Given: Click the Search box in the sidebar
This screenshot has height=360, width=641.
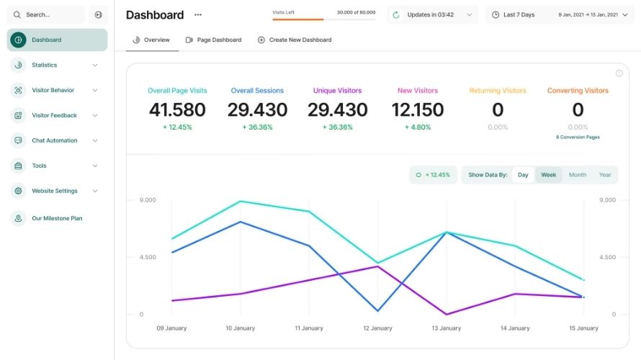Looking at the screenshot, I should (45, 14).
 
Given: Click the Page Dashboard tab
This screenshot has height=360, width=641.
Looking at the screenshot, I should (213, 40).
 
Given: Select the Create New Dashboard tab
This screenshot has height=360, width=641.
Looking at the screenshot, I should (295, 40).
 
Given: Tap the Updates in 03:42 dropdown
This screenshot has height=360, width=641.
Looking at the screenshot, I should (432, 14).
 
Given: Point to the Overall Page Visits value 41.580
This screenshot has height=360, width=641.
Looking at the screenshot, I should (177, 110).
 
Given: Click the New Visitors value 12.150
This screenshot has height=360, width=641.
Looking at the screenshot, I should (418, 110).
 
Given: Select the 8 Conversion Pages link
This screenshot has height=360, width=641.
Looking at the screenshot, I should (578, 137).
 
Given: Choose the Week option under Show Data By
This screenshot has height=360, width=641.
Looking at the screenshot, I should (549, 175).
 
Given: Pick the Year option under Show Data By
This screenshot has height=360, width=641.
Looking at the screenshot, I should (605, 175).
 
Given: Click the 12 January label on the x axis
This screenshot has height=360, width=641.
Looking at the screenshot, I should (377, 328).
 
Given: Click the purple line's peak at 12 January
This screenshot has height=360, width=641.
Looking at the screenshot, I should (377, 266).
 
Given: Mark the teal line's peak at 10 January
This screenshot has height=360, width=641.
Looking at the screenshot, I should (240, 201).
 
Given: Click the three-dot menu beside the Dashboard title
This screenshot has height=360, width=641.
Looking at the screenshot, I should (198, 14).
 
